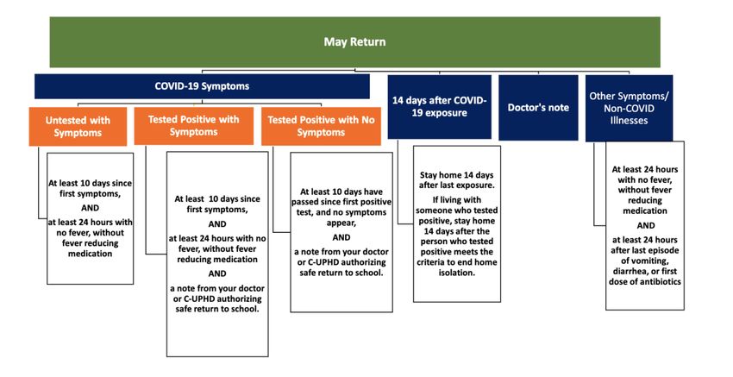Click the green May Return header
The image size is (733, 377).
pos(354,42)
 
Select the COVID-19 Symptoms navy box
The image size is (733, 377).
pos(202,86)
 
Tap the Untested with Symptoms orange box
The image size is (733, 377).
pos(78,126)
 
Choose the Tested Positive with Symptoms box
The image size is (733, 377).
pos(193,126)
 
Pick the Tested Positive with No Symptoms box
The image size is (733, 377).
pos(321,126)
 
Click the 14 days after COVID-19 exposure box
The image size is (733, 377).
pos(440,107)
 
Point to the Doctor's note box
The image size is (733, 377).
pos(538,108)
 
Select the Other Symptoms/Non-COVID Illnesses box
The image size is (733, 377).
pos(629,108)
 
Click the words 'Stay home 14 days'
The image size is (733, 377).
pos(457,175)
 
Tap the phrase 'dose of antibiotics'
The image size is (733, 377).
pos(645,281)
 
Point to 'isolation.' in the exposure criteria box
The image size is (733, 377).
pos(457,273)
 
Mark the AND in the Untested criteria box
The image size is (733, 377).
pos(91,208)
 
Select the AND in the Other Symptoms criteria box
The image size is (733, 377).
pos(646,225)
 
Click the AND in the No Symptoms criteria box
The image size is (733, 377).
pos(341,237)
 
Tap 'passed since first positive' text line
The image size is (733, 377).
pos(341,202)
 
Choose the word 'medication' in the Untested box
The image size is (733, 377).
pos(91,254)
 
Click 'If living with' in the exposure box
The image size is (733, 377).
pos(457,200)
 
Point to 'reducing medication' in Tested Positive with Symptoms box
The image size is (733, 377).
pos(217,259)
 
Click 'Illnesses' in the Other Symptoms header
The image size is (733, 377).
pos(629,120)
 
